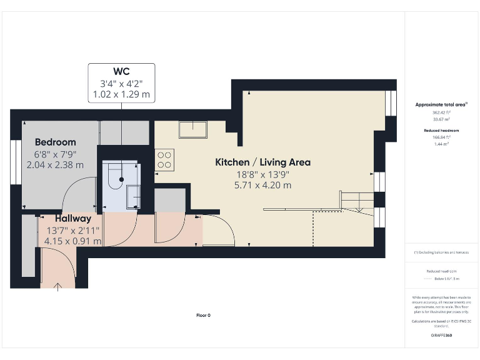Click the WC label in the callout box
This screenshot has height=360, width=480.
coord(121,71)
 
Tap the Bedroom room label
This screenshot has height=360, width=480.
coord(56,142)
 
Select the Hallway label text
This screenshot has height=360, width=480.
coord(72,219)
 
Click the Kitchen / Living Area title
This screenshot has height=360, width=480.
coord(262,162)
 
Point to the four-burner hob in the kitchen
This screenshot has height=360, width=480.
coord(164,159)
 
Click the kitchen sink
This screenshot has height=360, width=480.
coord(193,129)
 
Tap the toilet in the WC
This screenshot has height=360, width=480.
coord(114,177)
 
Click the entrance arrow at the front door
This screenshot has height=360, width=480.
coord(59,286)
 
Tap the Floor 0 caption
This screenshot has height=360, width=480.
coord(203,315)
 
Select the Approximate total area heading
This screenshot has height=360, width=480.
coord(441,104)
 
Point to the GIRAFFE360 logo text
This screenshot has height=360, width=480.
coord(441,336)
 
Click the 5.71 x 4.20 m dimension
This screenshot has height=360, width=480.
coord(262,185)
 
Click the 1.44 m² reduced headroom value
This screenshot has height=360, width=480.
coord(441,144)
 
